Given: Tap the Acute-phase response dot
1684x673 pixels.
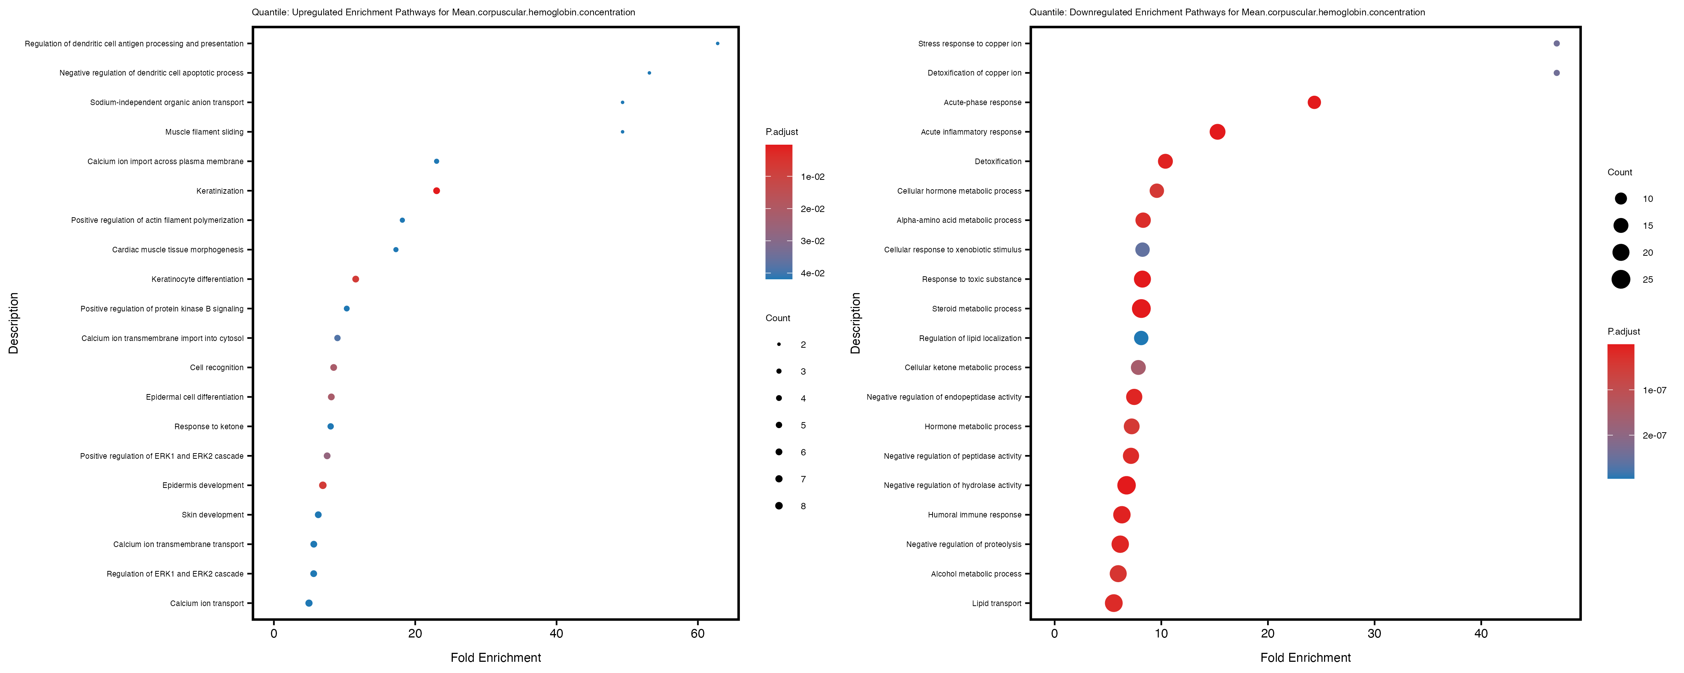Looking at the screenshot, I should coord(1314,102).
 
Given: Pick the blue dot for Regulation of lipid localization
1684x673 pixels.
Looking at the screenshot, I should coord(1141,338).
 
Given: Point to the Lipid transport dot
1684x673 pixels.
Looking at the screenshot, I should coord(1113,603).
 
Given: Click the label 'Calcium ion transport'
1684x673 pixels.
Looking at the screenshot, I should coord(207,603).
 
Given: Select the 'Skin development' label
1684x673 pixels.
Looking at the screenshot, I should coord(213,515).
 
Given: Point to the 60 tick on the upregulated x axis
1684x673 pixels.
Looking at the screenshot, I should coord(698,633).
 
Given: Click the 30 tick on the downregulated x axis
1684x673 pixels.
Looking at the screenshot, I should coord(1374,633).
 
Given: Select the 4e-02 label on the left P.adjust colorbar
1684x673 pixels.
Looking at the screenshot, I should coord(812,273).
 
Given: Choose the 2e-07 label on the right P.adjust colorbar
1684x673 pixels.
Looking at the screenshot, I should coord(1654,435).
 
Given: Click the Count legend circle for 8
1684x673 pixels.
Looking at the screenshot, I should coord(779,506).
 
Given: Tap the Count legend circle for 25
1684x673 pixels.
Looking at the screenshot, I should coord(1621,280).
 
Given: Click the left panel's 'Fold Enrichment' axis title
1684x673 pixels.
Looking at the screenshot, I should coord(495,657).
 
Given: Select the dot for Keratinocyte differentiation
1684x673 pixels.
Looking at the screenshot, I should coord(355,279).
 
